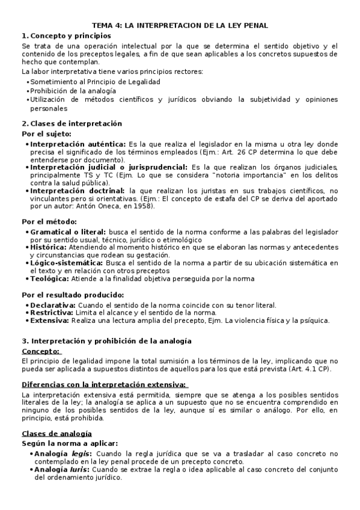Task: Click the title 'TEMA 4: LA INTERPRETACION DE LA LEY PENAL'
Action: [x=180, y=25]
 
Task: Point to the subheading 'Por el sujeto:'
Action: [x=46, y=134]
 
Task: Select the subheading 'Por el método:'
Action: [x=49, y=221]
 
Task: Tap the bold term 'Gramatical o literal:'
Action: [x=68, y=231]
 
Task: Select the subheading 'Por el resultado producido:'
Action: [x=73, y=295]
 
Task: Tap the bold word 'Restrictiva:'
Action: [x=52, y=313]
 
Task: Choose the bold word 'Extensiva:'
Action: [x=50, y=321]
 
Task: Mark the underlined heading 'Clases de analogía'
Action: [x=56, y=433]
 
